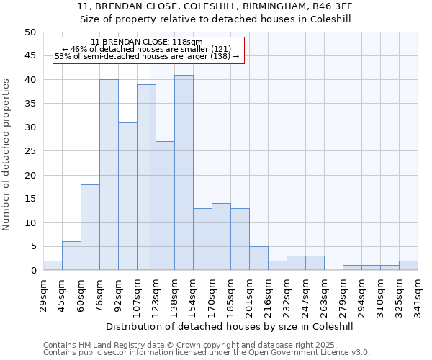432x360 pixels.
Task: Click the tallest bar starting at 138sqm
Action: (184, 173)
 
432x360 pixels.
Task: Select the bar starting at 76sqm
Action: (109, 175)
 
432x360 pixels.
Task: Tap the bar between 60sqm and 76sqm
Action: (90, 228)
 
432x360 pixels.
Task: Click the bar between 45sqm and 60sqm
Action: (71, 256)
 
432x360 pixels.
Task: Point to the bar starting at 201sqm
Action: (258, 258)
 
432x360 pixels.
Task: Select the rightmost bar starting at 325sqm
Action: (408, 266)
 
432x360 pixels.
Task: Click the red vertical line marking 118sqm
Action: (150, 180)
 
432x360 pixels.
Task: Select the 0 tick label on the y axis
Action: (32, 271)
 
